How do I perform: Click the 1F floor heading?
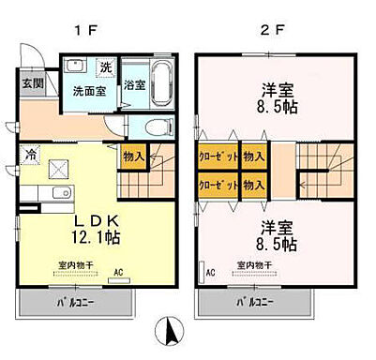click(x=85, y=30)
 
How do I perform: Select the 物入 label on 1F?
click(x=132, y=157)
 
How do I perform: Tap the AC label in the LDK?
click(x=119, y=274)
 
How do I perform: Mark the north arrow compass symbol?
click(x=171, y=331)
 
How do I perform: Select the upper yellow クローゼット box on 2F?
click(x=218, y=157)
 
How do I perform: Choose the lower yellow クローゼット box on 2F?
click(x=218, y=186)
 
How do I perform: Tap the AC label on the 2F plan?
click(x=213, y=275)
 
